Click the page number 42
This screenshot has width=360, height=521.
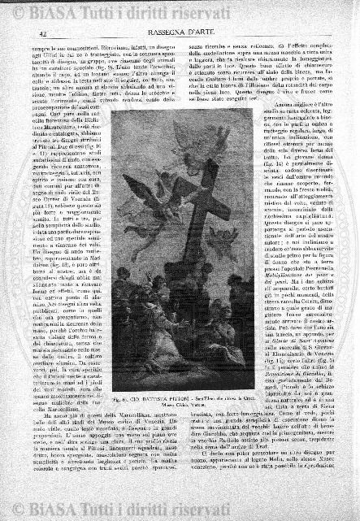click(x=41, y=33)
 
